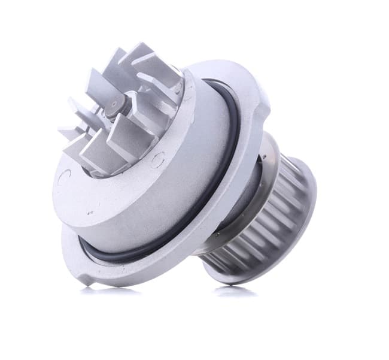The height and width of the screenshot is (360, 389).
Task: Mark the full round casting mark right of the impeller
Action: pyautogui.click(x=157, y=159)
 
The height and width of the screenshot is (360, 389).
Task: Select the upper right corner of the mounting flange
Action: pyautogui.click(x=254, y=90)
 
